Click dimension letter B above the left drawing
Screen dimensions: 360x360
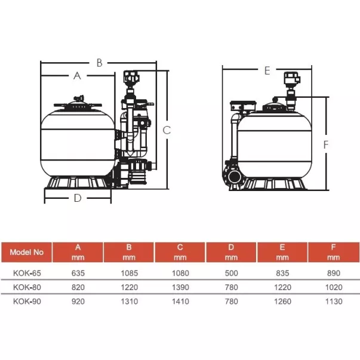100,63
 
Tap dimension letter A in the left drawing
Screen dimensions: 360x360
78,76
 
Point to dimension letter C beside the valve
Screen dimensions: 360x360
167,130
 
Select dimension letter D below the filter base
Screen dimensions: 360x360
78,198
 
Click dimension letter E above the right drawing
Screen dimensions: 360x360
267,70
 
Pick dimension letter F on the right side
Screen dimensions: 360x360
326,144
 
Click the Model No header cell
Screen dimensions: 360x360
27,252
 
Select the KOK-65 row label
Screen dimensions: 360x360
27,273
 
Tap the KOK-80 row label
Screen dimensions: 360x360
27,287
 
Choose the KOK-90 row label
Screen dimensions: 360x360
27,301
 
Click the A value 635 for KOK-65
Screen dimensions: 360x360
78,273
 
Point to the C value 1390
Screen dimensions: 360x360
180,287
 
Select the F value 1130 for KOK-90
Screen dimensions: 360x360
334,301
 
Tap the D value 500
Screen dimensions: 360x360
232,273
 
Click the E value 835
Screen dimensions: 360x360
282,273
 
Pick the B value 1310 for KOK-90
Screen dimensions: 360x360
130,301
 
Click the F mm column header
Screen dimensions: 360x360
334,252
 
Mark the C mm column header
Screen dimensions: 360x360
180,252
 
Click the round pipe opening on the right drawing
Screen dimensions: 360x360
235,177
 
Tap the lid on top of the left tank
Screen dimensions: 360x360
78,104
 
